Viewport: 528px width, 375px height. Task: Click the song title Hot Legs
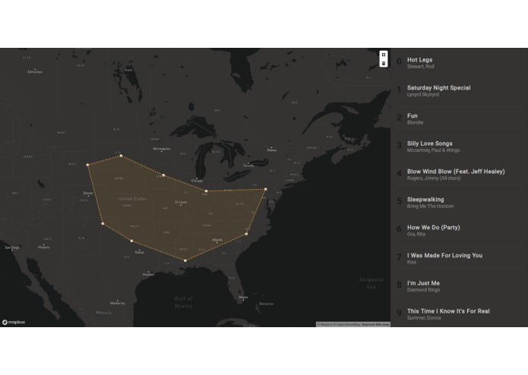coord(419,59)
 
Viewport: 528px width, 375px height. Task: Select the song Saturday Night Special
coord(438,87)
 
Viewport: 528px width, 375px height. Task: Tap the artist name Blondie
coord(415,122)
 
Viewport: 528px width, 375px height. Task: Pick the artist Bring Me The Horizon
coord(430,206)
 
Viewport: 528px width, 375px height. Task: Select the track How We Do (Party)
coord(433,228)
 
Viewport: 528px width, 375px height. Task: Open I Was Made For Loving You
coord(444,255)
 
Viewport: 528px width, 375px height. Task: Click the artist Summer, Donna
coord(423,318)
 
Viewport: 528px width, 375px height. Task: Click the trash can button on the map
coord(384,63)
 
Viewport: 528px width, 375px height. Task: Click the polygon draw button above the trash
coord(384,55)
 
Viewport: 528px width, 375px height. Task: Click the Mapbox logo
coord(14,322)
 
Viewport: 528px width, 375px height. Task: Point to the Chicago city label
coord(198,181)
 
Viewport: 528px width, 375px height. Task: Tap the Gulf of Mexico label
coord(183,303)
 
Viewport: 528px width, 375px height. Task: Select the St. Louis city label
coord(181,202)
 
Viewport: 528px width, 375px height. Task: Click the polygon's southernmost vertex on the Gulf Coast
coord(185,261)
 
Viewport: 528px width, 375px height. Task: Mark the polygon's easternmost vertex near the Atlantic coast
coord(265,190)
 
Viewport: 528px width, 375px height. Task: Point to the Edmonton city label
coord(35,72)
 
